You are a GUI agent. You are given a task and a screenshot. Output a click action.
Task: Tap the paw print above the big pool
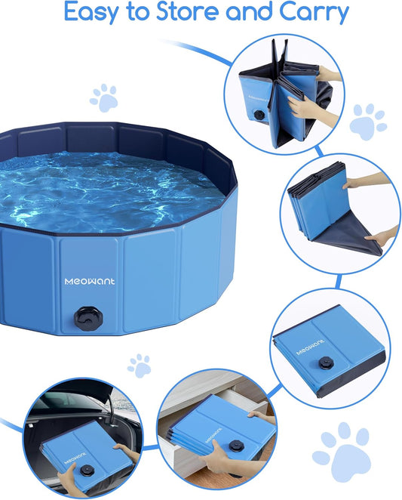[x=104, y=97]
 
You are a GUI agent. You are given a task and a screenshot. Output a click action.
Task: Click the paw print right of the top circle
[x=368, y=121]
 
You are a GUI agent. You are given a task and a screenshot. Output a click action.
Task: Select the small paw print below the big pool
[x=139, y=366]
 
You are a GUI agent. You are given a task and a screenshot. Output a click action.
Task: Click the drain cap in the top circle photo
[x=258, y=117]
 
